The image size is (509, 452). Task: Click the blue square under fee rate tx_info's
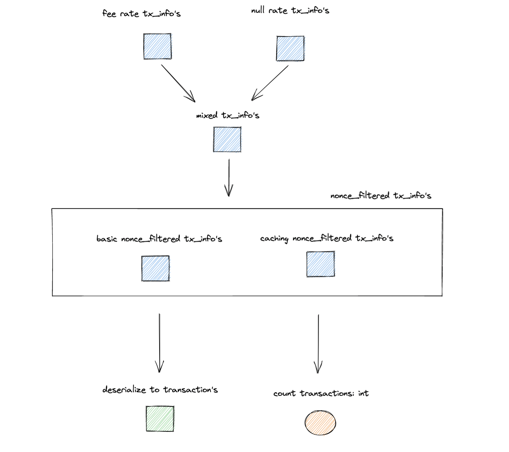tap(157, 46)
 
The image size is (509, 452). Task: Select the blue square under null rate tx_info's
tap(290, 48)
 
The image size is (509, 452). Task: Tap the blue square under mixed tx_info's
tap(227, 140)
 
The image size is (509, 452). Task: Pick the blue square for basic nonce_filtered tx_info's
tap(156, 268)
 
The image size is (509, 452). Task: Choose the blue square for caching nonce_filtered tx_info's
tap(320, 264)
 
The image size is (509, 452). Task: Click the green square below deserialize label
tap(160, 419)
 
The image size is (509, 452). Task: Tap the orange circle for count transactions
tap(320, 423)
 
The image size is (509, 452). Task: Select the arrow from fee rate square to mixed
tap(178, 83)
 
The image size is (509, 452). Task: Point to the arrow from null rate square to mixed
tap(270, 83)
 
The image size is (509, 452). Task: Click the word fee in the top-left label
tap(109, 14)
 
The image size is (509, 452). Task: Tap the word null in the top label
tap(258, 11)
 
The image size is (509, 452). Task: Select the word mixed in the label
tap(206, 115)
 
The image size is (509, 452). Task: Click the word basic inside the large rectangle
tap(107, 239)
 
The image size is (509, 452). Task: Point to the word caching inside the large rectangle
tap(274, 239)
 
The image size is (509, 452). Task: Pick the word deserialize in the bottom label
tap(124, 390)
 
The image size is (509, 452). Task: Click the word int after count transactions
tap(363, 393)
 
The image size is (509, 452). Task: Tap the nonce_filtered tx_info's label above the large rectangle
tap(381, 196)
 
